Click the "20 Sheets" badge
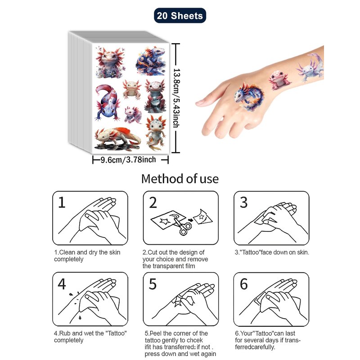pos(180,16)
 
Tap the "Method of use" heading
pos(180,179)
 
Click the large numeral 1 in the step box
pos(62,202)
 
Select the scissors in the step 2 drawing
pos(181,225)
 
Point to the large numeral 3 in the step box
pos(243,202)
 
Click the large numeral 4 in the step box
pos(62,284)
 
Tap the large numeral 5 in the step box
pos(153,284)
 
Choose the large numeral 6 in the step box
pos(243,284)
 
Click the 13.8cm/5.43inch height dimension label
pos(176,98)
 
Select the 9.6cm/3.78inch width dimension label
pos(128,160)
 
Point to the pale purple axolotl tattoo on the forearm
pos(310,68)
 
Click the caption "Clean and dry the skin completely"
pos(87,256)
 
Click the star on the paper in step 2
pos(165,221)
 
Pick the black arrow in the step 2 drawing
pos(190,220)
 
